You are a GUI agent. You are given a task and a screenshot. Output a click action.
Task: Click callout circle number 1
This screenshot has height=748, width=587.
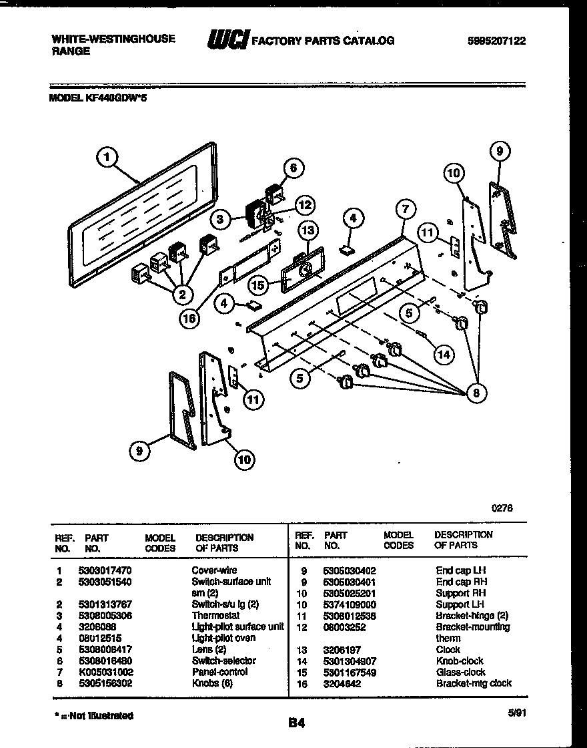coord(107,158)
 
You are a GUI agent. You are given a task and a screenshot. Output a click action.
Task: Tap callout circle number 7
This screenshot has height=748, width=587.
coord(404,210)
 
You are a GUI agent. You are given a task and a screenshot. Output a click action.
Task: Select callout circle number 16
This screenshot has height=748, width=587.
coord(189,319)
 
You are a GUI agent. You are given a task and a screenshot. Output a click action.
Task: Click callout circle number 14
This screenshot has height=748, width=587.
coord(444,354)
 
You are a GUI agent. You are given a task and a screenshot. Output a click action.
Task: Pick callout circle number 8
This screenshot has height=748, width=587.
coord(475,393)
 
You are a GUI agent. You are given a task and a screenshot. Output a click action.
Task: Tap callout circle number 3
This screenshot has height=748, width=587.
coord(219,218)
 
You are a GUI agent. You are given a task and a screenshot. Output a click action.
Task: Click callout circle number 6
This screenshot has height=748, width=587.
coord(293,168)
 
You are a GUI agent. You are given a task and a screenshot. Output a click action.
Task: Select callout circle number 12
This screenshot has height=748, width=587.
coord(304,205)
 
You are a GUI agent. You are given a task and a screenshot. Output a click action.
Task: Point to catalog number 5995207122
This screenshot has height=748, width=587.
coord(497,41)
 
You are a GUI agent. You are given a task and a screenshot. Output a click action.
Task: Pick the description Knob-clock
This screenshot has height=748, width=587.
coord(460,661)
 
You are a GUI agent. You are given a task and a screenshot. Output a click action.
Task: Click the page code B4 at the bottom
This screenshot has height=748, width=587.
coord(296,722)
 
